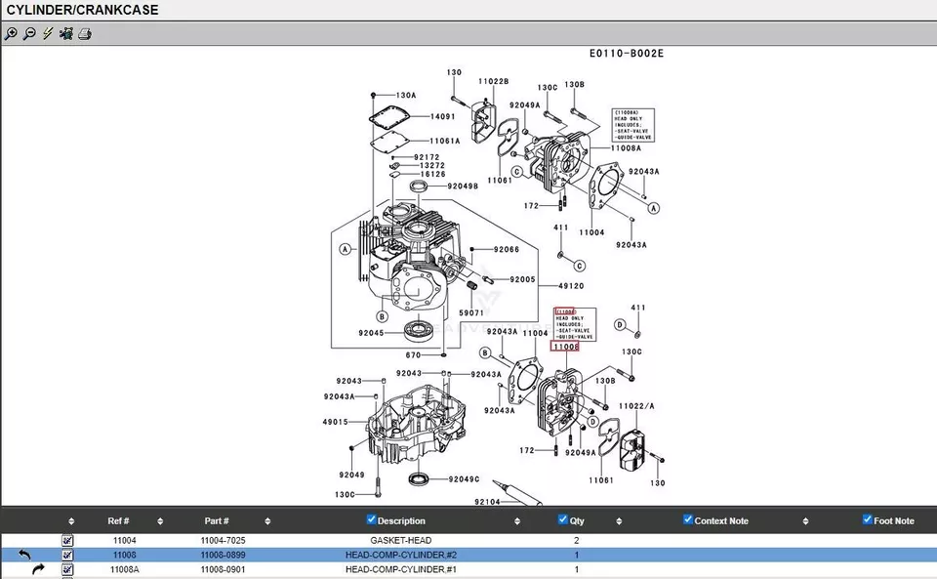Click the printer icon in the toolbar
pos(85,33)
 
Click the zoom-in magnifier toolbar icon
pos(11,33)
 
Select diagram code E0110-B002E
pos(626,54)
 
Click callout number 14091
pos(443,116)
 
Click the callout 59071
pos(471,312)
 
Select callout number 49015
pos(335,422)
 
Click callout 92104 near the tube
pos(487,502)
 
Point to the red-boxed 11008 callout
pos(565,347)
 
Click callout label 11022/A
pos(635,405)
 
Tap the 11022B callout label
pos(493,81)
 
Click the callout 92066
pos(507,250)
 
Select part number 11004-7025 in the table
pos(223,540)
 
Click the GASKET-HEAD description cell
pos(400,540)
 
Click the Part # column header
pos(217,520)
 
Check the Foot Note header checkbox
pos(867,519)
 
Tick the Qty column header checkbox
pos(562,519)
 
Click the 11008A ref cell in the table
pos(124,569)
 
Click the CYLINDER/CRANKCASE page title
pos(82,10)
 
